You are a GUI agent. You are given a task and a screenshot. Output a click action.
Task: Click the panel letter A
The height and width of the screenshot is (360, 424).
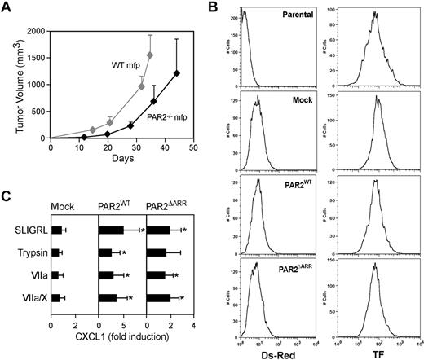[8, 8]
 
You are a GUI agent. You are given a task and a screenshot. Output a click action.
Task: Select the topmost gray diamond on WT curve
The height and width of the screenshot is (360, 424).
[150, 55]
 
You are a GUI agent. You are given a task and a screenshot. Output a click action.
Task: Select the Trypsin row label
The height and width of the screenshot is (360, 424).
[33, 252]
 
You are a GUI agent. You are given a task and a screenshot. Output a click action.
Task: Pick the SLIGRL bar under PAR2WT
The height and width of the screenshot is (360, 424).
[111, 230]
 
